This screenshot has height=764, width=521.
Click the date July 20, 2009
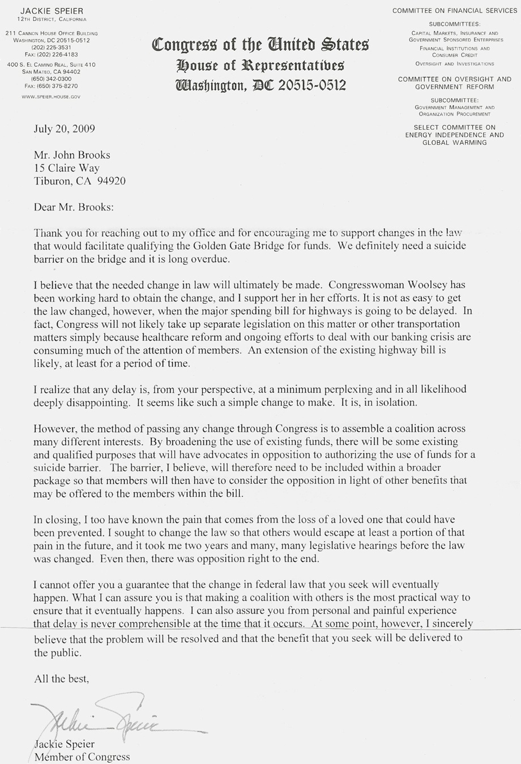pyautogui.click(x=64, y=128)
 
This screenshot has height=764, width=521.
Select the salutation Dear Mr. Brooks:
pyautogui.click(x=74, y=207)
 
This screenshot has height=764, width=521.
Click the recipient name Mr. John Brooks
pyautogui.click(x=72, y=155)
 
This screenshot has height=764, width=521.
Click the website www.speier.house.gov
pyautogui.click(x=51, y=97)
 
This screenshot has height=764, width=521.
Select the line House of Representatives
pyautogui.click(x=260, y=65)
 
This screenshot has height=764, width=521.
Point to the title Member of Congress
pyautogui.click(x=82, y=757)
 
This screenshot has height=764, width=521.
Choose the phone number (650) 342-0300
pyautogui.click(x=51, y=79)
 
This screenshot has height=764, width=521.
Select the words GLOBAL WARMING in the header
pyautogui.click(x=455, y=143)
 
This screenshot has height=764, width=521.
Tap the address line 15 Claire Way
pyautogui.click(x=67, y=168)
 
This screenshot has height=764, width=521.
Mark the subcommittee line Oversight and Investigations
pyautogui.click(x=455, y=64)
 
